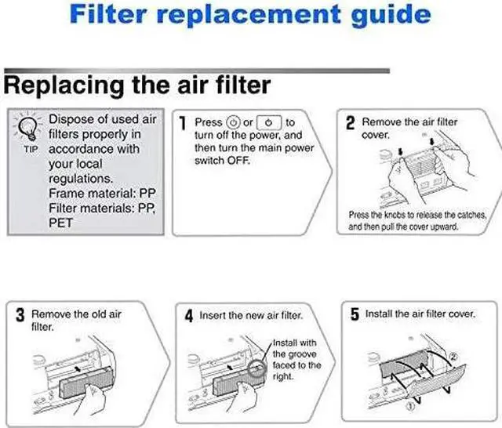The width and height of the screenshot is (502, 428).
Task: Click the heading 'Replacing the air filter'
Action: click(137, 85)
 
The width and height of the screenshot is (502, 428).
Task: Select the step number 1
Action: click(182, 124)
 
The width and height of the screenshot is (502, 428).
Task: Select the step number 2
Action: click(351, 124)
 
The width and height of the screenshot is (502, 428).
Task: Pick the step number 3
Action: click(20, 316)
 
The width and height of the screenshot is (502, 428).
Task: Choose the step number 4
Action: click(188, 316)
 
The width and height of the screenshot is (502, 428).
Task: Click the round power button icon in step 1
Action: click(233, 122)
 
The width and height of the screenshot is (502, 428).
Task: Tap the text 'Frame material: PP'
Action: click(102, 193)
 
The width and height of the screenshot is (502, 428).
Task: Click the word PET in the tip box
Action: click(60, 223)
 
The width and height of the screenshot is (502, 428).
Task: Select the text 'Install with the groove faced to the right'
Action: click(297, 360)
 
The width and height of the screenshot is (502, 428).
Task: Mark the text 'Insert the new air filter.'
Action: click(251, 315)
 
